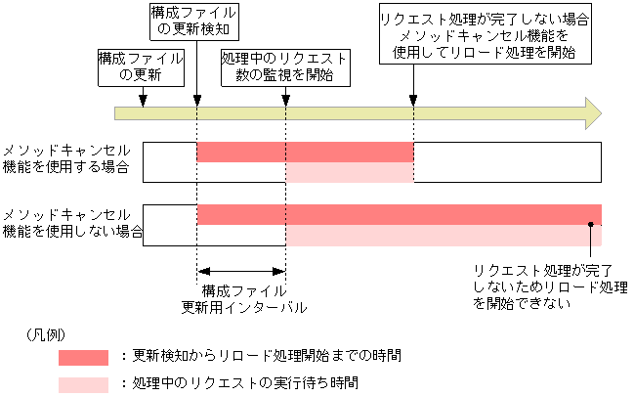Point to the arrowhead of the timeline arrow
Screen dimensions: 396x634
tap(591, 112)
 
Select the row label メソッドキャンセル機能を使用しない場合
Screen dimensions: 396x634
tap(70, 224)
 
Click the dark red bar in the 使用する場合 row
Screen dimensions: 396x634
tap(305, 152)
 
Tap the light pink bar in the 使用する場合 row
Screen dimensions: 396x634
tap(349, 173)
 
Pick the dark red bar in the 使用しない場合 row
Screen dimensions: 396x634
tap(399, 215)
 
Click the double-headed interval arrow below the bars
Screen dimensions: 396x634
tap(241, 272)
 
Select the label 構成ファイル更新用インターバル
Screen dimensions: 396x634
tap(243, 298)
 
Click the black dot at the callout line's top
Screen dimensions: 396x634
tap(591, 226)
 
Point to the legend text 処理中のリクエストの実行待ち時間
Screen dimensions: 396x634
tap(240, 382)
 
